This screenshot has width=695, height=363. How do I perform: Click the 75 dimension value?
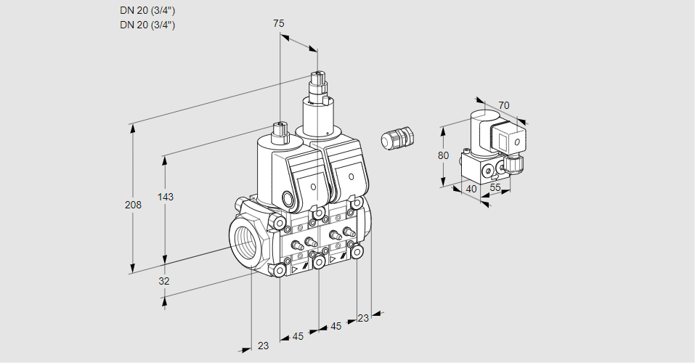pos(279,24)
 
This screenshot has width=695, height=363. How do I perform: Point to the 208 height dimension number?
pos(134,205)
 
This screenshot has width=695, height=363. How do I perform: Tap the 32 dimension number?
pos(164,281)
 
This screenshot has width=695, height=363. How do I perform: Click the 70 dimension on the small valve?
pos(504,105)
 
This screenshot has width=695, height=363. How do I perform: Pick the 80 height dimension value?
pos(444,155)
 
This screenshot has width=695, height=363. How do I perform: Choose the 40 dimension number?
pos(471,189)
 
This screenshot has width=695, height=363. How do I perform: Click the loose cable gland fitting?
pos(398,138)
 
